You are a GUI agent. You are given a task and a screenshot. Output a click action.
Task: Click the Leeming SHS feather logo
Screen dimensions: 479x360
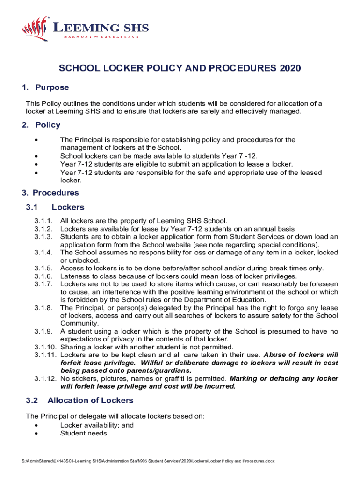pos(36,29)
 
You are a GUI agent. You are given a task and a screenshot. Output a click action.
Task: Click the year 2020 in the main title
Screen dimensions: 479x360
pos(290,69)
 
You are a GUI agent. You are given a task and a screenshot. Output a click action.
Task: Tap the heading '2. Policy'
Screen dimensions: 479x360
pos(42,125)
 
